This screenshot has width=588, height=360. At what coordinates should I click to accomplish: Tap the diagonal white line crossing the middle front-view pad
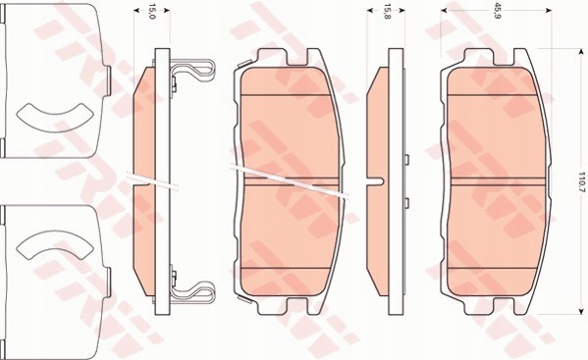point(294,183)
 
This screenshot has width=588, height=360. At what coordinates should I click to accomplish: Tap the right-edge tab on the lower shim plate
point(106,270)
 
